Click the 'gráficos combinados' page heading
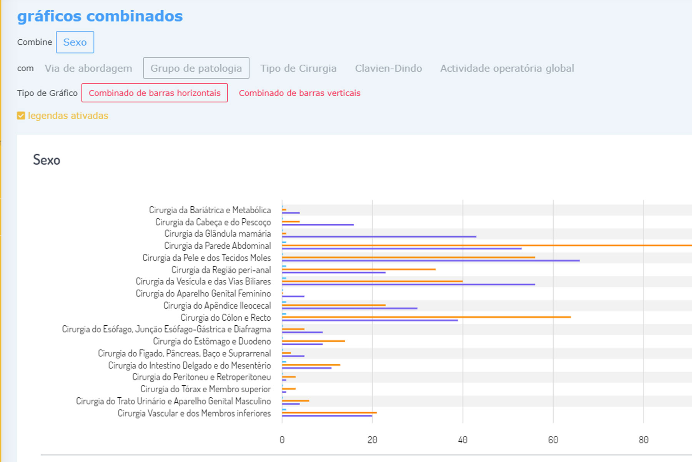coord(100,16)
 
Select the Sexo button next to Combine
coord(75,42)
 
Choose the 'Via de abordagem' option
coord(88,68)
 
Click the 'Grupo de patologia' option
coord(196,68)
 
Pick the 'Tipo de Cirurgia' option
coord(298,68)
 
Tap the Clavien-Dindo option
coord(388,68)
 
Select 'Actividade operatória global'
coord(507,68)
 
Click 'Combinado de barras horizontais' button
coord(155,93)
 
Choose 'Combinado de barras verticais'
coord(299,93)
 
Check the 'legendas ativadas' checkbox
coord(21,115)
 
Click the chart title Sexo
coord(47,160)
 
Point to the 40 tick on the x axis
coord(462,440)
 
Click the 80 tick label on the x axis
coord(643,440)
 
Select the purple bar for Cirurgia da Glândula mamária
coord(379,236)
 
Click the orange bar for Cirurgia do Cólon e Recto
coord(426,317)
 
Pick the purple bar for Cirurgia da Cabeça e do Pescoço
coord(318,224)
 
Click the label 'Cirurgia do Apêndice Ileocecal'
coord(217,306)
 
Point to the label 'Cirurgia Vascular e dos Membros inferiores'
coord(194,413)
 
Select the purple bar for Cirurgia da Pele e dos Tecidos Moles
coord(431,261)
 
